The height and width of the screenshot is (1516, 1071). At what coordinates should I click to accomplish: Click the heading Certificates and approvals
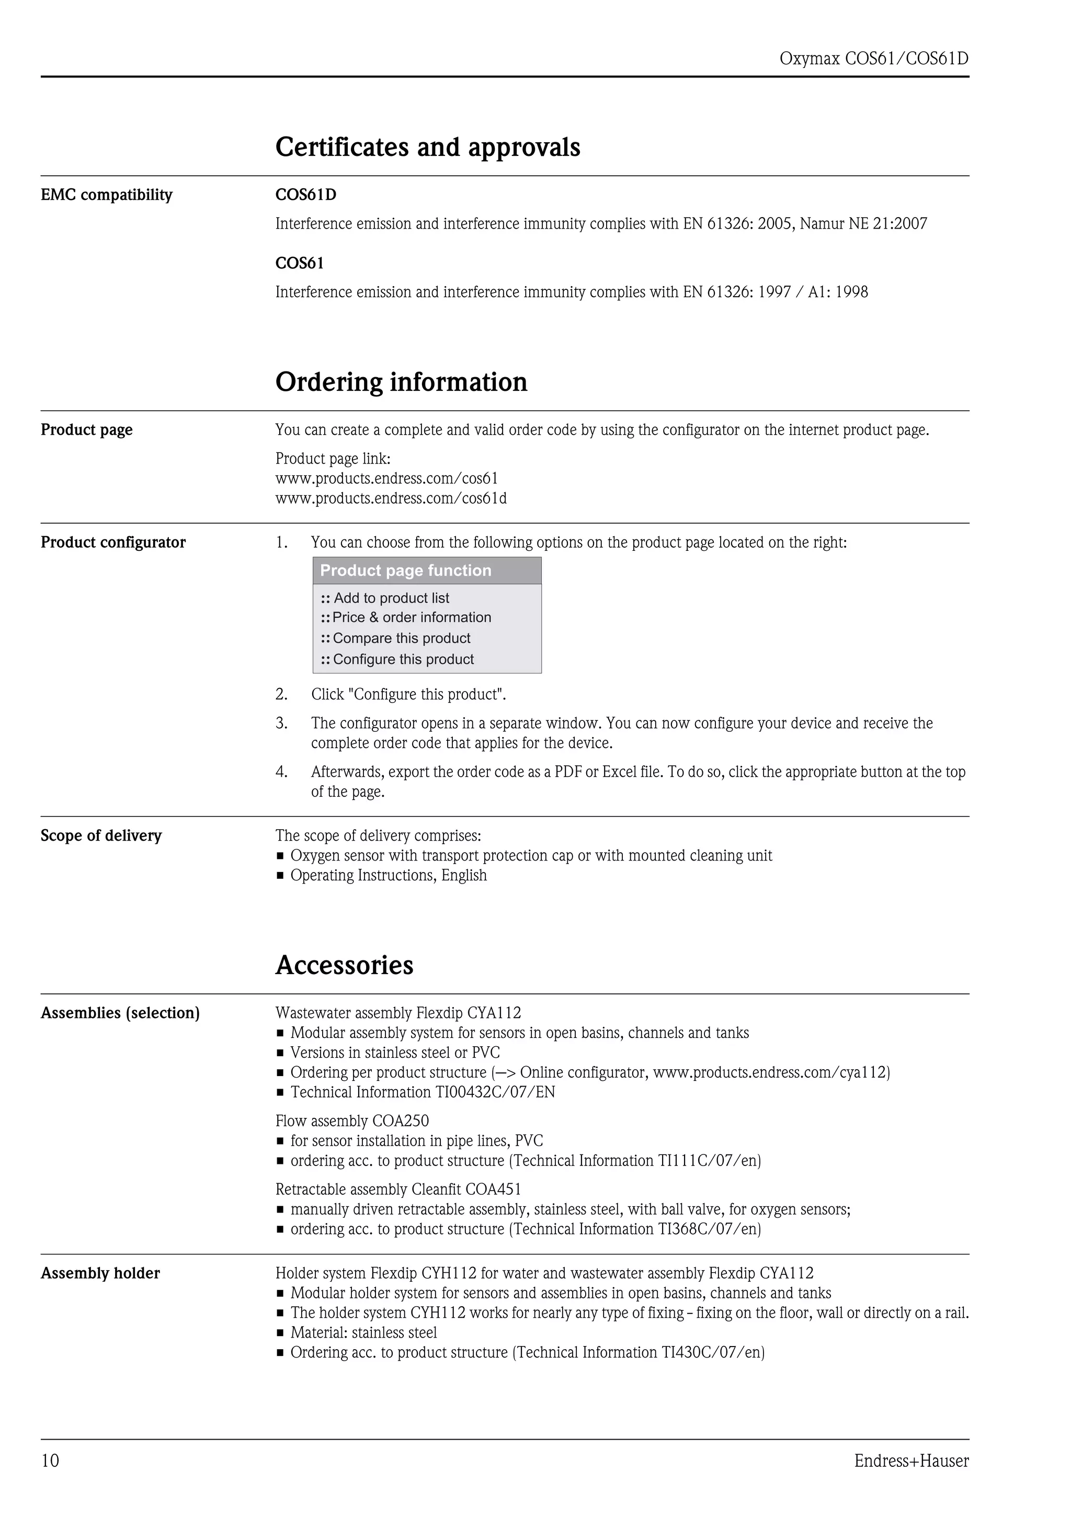point(428,147)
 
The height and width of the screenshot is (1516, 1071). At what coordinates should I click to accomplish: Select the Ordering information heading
point(401,382)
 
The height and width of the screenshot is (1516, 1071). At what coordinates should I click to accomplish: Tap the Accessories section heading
point(345,965)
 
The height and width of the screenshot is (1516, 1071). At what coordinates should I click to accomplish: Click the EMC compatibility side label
point(106,195)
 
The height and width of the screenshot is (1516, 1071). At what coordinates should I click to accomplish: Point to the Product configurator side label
point(113,542)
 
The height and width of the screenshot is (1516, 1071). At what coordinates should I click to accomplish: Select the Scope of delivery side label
point(101,835)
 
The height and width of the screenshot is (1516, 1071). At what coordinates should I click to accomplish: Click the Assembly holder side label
point(100,1273)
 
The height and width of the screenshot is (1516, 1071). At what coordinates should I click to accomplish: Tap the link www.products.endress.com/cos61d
point(391,498)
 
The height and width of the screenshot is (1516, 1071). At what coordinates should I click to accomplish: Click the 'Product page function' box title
point(405,571)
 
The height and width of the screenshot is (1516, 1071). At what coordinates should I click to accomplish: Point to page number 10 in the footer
point(50,1461)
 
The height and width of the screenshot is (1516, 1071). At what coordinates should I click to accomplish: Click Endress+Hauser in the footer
point(912,1461)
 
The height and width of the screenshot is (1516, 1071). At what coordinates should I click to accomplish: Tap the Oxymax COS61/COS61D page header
point(874,59)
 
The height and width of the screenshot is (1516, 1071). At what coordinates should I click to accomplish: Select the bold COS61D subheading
point(305,195)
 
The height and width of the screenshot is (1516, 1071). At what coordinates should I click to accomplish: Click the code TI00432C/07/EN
point(495,1092)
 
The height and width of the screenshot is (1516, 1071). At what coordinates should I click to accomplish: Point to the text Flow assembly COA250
point(352,1121)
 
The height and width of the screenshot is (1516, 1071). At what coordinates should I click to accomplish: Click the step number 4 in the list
point(281,772)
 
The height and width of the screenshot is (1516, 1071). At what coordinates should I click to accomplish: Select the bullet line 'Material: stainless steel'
point(363,1332)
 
